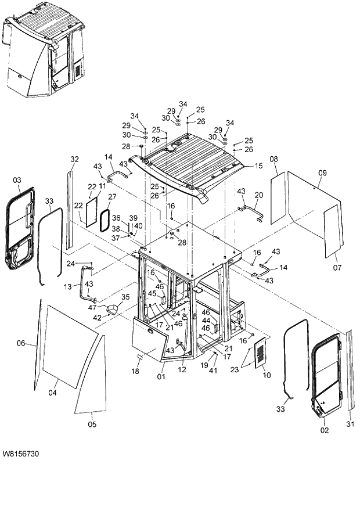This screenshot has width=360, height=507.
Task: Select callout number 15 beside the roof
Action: tap(259, 166)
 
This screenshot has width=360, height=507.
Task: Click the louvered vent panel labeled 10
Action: tap(262, 353)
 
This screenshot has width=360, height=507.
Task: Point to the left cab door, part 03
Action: tap(19, 229)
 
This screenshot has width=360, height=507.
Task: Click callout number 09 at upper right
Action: tap(322, 172)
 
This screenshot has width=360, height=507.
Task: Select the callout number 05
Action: tap(92, 425)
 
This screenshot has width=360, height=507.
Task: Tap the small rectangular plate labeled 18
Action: tap(140, 356)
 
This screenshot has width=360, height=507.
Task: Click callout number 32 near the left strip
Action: tap(74, 159)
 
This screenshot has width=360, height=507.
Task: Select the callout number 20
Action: tap(259, 195)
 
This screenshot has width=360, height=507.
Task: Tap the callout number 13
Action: tap(67, 287)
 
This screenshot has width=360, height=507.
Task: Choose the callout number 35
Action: tap(124, 297)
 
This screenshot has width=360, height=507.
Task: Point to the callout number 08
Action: tap(273, 159)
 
